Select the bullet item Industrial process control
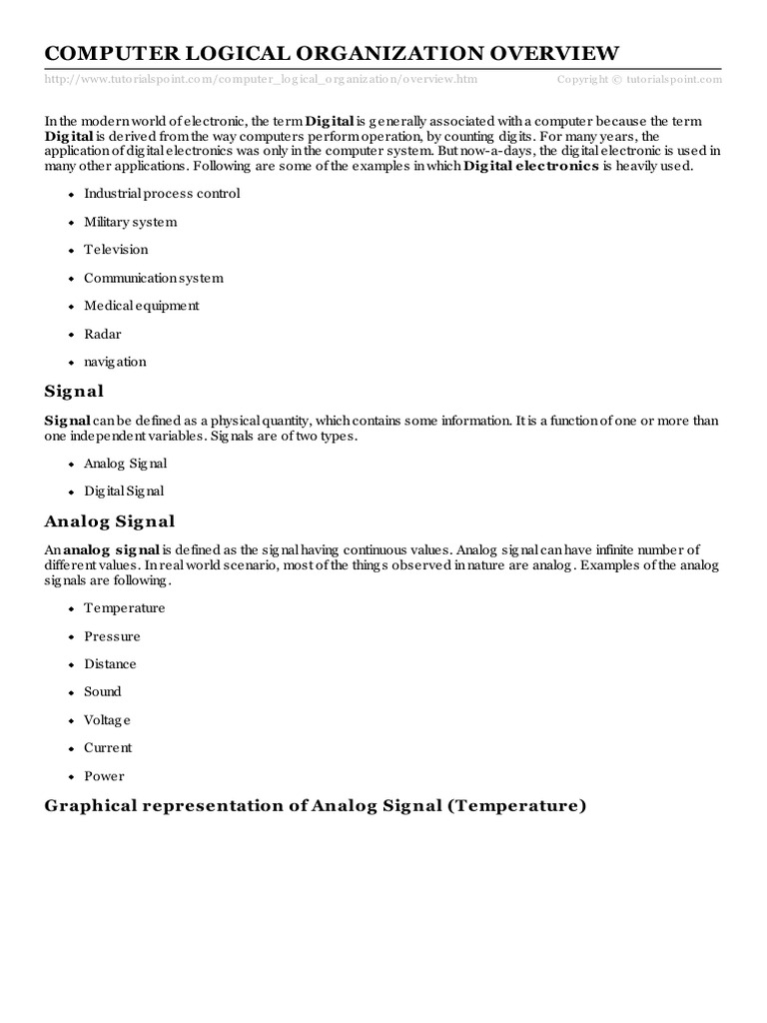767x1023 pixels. [x=162, y=194]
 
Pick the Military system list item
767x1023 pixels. [x=130, y=222]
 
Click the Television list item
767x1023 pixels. [x=116, y=250]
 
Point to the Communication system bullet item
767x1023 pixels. [x=154, y=278]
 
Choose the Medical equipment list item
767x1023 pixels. [x=142, y=306]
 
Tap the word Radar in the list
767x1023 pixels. [x=103, y=334]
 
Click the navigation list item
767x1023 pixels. [x=115, y=362]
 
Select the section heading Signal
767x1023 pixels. [x=74, y=392]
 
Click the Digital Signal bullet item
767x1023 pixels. [x=124, y=492]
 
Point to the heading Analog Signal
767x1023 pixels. [x=110, y=520]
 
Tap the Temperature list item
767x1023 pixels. [x=125, y=607]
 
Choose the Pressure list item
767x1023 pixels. [x=112, y=636]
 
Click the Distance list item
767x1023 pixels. [x=110, y=664]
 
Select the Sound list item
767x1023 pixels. [x=103, y=691]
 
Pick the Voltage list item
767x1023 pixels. [x=107, y=720]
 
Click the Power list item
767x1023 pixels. [x=104, y=775]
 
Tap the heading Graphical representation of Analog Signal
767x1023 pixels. [x=315, y=805]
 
